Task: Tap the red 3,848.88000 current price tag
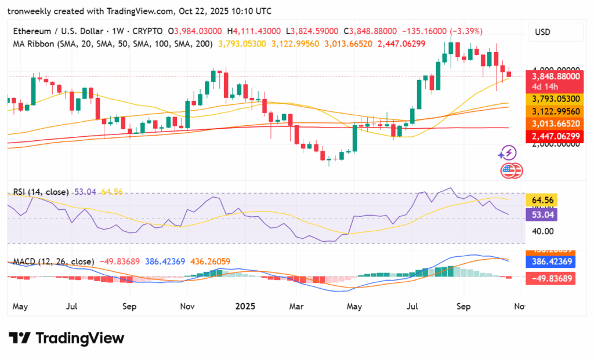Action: tap(554, 76)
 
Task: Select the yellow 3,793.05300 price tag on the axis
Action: tap(554, 99)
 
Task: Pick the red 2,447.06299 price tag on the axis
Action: tap(554, 136)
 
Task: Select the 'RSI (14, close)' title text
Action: tap(38, 192)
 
